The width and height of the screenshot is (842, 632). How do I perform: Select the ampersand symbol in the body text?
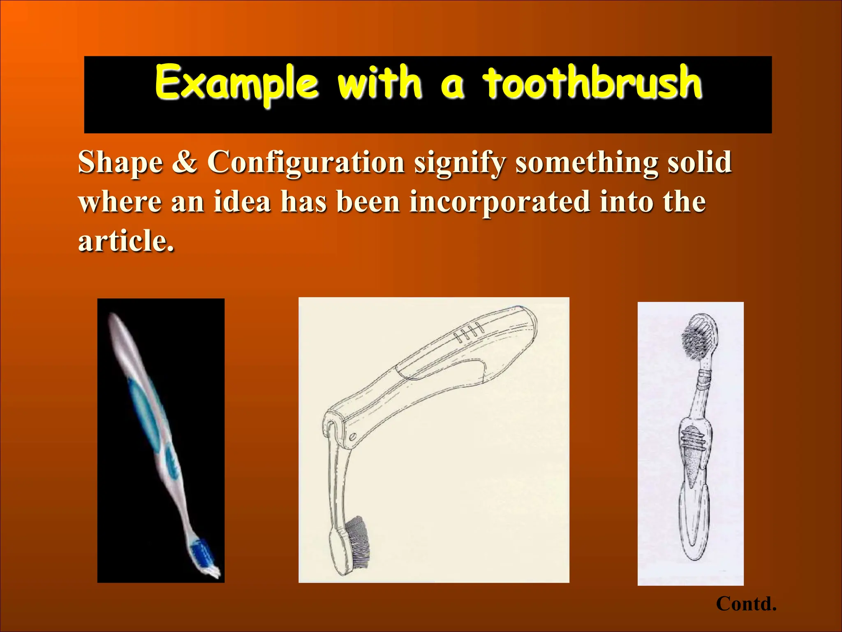pyautogui.click(x=185, y=162)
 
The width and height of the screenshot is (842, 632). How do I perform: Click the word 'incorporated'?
pyautogui.click(x=499, y=202)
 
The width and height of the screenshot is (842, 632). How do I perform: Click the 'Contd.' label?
pyautogui.click(x=746, y=604)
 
